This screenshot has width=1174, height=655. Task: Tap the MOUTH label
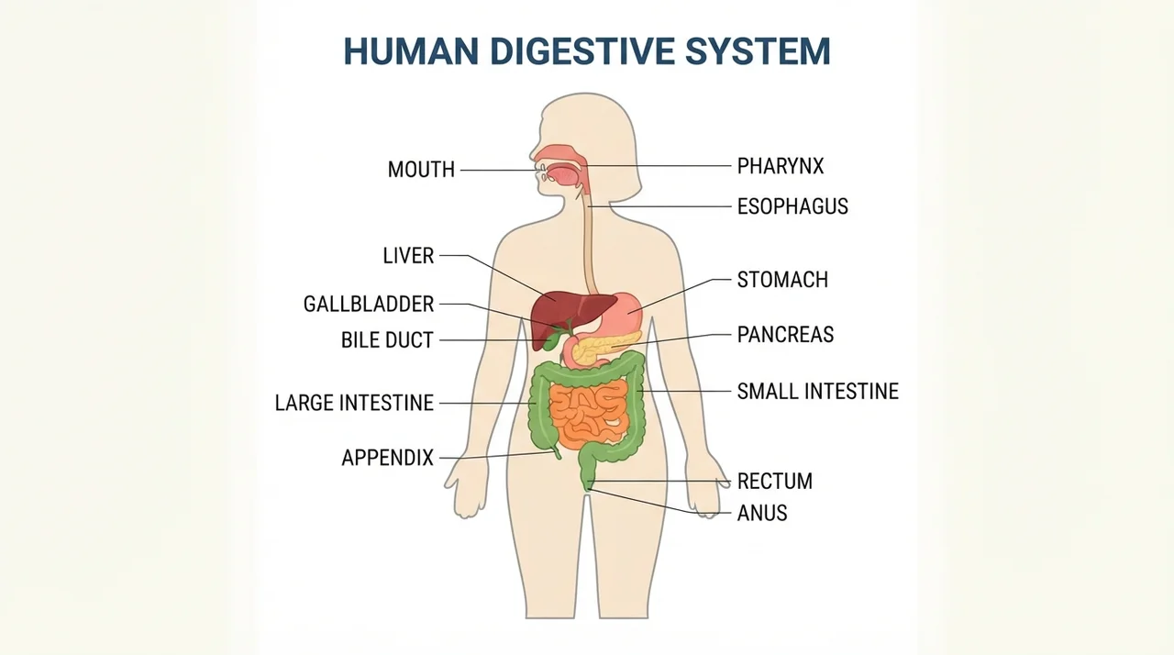point(421,170)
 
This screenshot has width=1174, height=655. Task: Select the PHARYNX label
point(781,166)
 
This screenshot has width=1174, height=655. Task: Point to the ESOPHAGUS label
point(792,206)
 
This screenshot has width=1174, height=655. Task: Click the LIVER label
point(408,256)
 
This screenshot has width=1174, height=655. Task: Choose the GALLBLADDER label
point(369,304)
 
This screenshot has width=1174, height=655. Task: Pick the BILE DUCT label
point(387,340)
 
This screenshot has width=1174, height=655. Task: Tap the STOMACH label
point(782,280)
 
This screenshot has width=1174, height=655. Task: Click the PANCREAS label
point(785,335)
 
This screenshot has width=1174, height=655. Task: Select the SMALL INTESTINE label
point(817,392)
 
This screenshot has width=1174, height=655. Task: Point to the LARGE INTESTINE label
point(354,403)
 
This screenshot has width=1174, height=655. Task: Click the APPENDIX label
point(388,458)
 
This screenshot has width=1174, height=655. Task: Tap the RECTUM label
point(775,481)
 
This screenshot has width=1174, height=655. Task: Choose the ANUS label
point(762,513)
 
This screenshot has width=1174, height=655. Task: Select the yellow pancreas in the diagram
point(605,348)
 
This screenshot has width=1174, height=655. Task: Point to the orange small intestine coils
point(588,414)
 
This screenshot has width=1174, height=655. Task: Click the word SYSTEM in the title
point(758,51)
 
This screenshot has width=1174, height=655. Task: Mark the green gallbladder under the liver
point(552,341)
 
